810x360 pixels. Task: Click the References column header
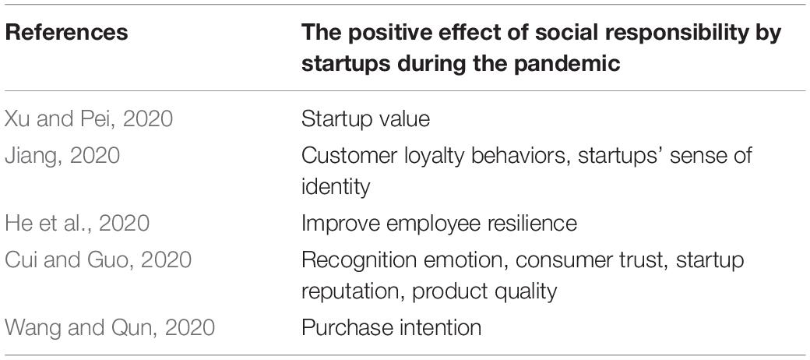pyautogui.click(x=66, y=33)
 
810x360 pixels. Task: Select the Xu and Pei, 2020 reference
pyautogui.click(x=88, y=119)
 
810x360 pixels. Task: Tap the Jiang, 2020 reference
pyautogui.click(x=62, y=155)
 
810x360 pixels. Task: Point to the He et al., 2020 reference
pyautogui.click(x=77, y=223)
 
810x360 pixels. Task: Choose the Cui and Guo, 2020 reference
pyautogui.click(x=97, y=259)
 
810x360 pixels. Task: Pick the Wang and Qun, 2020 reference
pyautogui.click(x=110, y=327)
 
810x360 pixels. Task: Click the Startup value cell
pyautogui.click(x=365, y=119)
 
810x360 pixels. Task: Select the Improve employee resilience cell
pyautogui.click(x=439, y=223)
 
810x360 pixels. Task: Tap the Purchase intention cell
pyautogui.click(x=391, y=327)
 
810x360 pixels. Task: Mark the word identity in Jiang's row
pyautogui.click(x=336, y=186)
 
